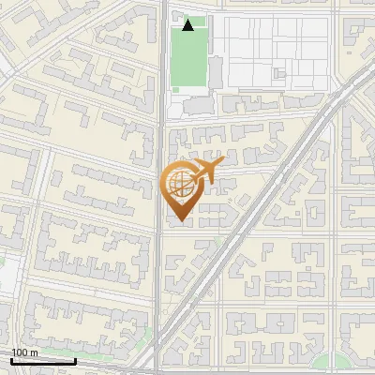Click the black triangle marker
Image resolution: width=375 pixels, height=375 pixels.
pyautogui.click(x=188, y=25)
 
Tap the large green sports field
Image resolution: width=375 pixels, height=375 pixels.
pyautogui.click(x=188, y=58)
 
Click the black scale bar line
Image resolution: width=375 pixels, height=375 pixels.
pyautogui.click(x=43, y=361)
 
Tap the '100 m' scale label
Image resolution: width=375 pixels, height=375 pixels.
pyautogui.click(x=24, y=352)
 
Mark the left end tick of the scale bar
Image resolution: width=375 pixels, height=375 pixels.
pyautogui.click(x=11, y=360)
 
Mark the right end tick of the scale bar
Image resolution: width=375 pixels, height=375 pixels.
pyautogui.click(x=75, y=360)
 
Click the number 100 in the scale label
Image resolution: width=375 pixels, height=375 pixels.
pyautogui.click(x=20, y=352)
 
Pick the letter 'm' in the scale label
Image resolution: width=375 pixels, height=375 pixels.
pyautogui.click(x=34, y=352)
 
